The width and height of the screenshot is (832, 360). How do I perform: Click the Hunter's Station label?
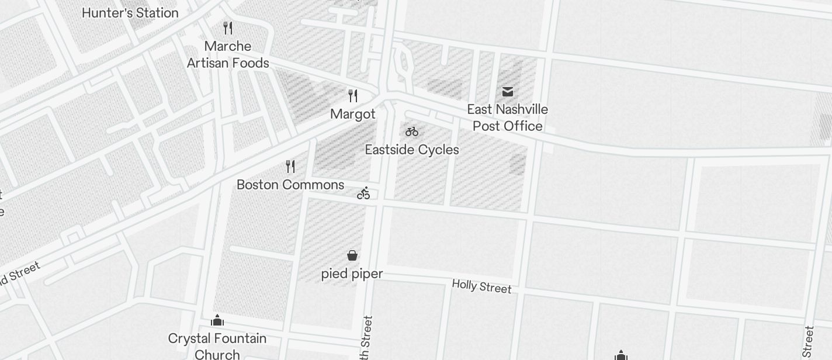coord(130,13)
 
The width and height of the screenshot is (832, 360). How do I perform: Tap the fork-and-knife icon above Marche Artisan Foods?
coord(228,27)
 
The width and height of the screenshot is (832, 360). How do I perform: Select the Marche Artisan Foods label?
coord(228,54)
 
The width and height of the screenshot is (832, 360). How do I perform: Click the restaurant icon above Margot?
coord(353,95)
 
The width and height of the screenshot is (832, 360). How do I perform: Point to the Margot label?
coord(353,114)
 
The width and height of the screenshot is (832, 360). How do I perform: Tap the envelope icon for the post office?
coord(507,91)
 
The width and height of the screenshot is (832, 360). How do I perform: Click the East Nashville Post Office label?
coord(507,117)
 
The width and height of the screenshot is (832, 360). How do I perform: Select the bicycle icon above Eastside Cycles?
coord(412,131)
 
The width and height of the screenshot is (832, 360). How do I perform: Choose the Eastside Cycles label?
coord(412,150)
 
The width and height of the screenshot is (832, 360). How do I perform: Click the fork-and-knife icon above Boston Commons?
coord(290,167)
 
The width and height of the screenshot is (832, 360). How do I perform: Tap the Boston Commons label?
coord(290,185)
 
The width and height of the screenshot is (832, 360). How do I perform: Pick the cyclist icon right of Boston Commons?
coord(363,193)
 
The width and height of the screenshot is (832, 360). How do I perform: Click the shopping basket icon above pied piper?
coord(352,255)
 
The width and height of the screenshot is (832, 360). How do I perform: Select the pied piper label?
coord(352,274)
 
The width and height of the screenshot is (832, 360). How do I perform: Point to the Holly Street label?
coord(481,286)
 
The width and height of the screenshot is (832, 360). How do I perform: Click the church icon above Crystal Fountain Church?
coord(217,320)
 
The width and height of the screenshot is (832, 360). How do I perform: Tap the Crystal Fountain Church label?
coord(217,346)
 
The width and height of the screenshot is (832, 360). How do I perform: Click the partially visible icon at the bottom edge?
coord(621,355)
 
